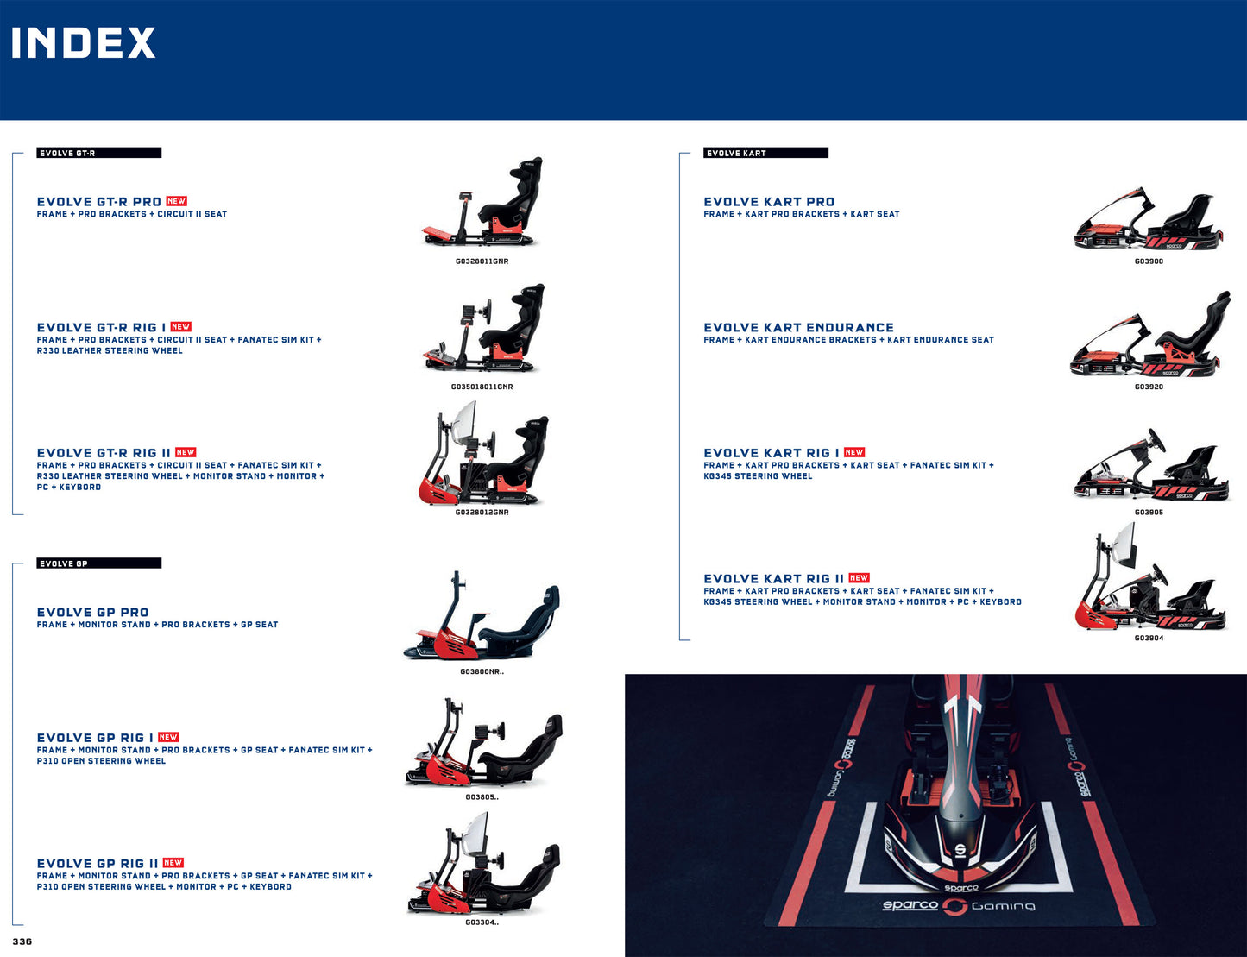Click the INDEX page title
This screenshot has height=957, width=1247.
(x=83, y=43)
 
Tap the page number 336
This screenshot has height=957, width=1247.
(x=22, y=941)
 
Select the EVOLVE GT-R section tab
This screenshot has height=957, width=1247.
(x=98, y=153)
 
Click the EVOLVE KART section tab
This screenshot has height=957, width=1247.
(x=765, y=153)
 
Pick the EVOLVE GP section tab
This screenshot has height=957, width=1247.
(x=98, y=563)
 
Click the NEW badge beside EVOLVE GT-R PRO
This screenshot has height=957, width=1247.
(x=176, y=201)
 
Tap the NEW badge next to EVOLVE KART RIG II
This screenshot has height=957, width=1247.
(x=859, y=578)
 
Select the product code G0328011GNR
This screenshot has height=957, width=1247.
(x=482, y=261)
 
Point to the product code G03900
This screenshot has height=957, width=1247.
(x=1149, y=261)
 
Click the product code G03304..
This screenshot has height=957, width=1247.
(x=482, y=922)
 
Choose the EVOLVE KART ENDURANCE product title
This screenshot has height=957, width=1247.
(x=798, y=328)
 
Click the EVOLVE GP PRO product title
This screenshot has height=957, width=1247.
(x=92, y=613)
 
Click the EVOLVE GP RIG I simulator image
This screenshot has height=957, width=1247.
(x=483, y=745)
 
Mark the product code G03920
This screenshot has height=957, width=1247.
(x=1149, y=387)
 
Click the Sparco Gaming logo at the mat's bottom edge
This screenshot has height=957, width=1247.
(x=958, y=905)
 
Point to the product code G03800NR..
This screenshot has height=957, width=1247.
(x=482, y=671)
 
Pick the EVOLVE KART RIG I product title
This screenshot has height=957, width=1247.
(x=771, y=453)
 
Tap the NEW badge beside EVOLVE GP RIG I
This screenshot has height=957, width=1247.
(x=168, y=738)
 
